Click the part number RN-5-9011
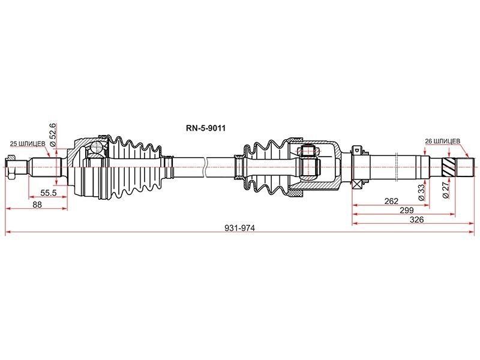(206, 128)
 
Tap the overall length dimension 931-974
(239, 228)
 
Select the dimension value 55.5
(49, 193)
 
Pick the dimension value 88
(37, 205)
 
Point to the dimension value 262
(391, 201)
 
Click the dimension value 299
(407, 211)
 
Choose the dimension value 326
(416, 220)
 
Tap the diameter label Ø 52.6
(52, 134)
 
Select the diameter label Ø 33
(422, 192)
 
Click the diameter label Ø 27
(446, 190)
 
